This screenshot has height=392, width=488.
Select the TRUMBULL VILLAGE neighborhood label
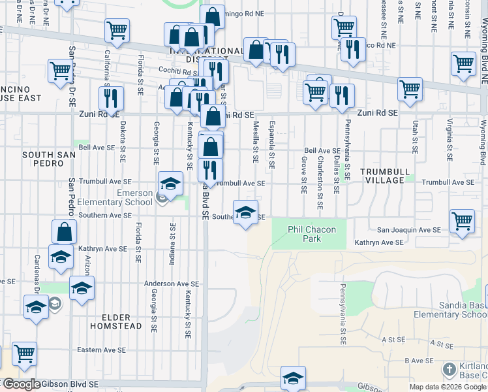[x=388, y=175]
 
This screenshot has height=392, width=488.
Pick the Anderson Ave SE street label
[x=172, y=284]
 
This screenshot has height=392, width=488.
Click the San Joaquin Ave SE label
[x=409, y=230]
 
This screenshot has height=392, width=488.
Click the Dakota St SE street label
[x=122, y=144]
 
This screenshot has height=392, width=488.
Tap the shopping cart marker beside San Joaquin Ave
[x=462, y=221]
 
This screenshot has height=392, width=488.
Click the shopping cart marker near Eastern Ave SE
[x=24, y=354]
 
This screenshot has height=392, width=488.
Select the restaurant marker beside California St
[x=111, y=98]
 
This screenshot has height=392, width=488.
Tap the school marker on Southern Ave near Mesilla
[x=245, y=213]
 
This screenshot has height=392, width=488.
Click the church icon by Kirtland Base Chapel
[x=450, y=370]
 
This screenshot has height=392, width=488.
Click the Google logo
[x=21, y=384]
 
